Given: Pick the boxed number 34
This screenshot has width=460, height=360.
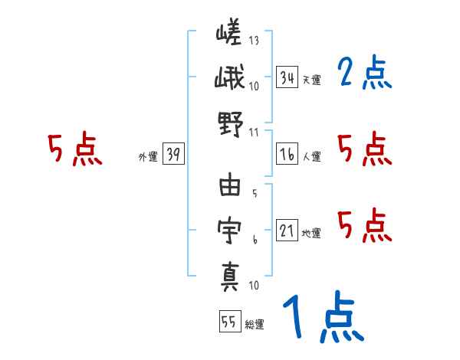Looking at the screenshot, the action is tap(287, 77).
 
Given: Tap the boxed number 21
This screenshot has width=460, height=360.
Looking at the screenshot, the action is tap(287, 231).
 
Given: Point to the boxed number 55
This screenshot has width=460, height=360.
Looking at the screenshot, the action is tap(228, 322).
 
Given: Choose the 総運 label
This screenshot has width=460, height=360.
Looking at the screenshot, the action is tap(253, 325).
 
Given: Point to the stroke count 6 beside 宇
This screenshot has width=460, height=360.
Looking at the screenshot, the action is tap(255, 239).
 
